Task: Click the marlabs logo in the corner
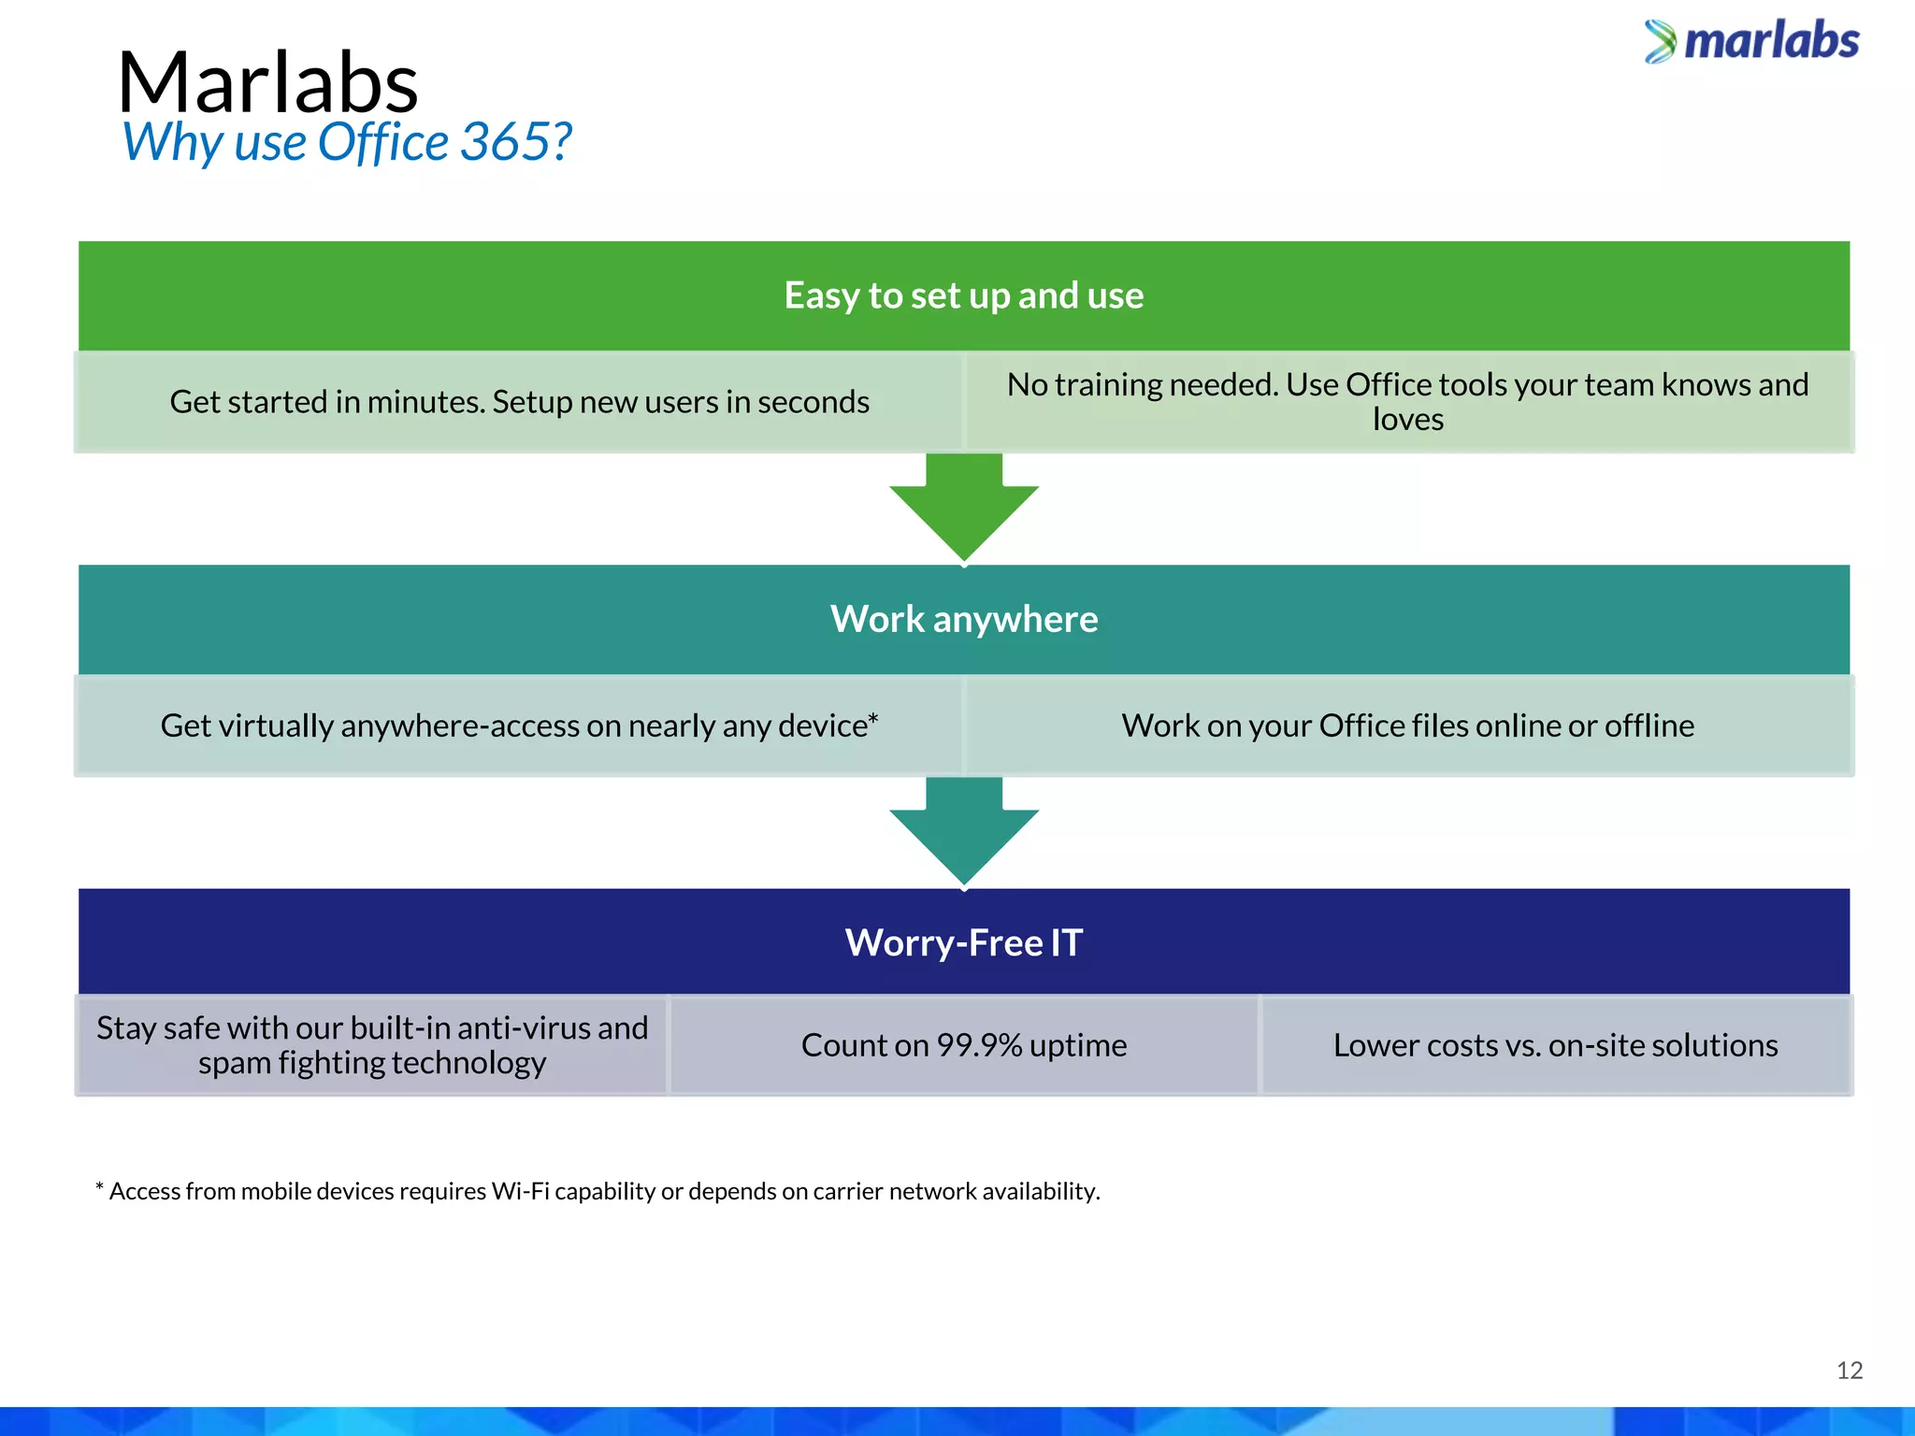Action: tap(1752, 42)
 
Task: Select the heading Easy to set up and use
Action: tap(963, 295)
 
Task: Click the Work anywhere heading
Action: tap(963, 619)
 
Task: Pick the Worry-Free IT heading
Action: tap(963, 942)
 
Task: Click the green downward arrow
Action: tap(964, 510)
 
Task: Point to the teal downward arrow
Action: tap(964, 832)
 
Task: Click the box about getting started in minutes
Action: tap(519, 402)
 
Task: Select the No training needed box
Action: tap(1407, 402)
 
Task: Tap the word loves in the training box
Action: tap(1407, 420)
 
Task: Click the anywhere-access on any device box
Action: tap(519, 725)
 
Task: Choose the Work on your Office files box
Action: tap(1407, 725)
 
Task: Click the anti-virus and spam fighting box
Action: tap(372, 1045)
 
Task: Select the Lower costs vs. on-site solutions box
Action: tap(1555, 1045)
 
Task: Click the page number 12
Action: tap(1849, 1371)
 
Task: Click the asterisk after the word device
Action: tap(873, 718)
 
